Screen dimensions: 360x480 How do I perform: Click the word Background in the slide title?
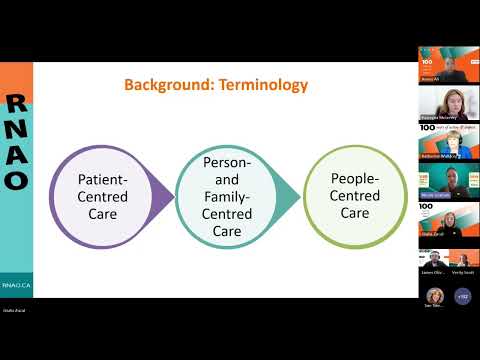(x=161, y=85)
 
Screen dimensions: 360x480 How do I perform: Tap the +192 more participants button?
(x=462, y=296)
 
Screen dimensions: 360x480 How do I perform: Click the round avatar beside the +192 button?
(x=436, y=296)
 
